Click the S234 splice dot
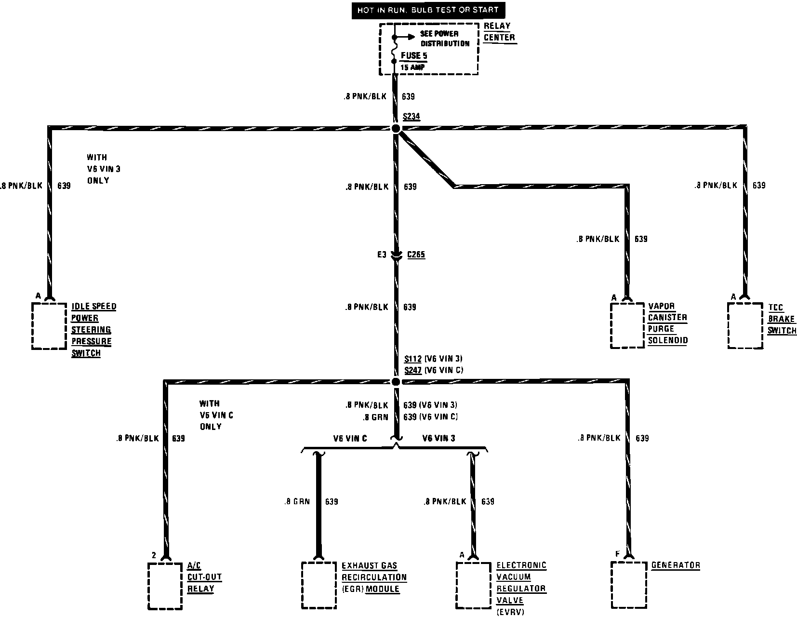(x=396, y=128)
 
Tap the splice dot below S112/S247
(x=396, y=382)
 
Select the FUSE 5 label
(x=414, y=56)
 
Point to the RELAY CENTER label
(x=499, y=32)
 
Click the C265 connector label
(x=416, y=255)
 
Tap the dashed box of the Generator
(x=628, y=585)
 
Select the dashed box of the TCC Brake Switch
(x=745, y=325)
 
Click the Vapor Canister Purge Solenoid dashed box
(x=627, y=325)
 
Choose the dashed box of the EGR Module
(x=319, y=585)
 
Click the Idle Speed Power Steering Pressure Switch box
(x=49, y=326)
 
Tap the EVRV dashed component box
(x=473, y=585)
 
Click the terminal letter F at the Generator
(x=617, y=554)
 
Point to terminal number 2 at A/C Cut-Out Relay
(x=154, y=555)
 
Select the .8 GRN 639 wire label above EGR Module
(x=311, y=502)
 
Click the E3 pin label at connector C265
(x=382, y=255)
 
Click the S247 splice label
(x=413, y=370)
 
